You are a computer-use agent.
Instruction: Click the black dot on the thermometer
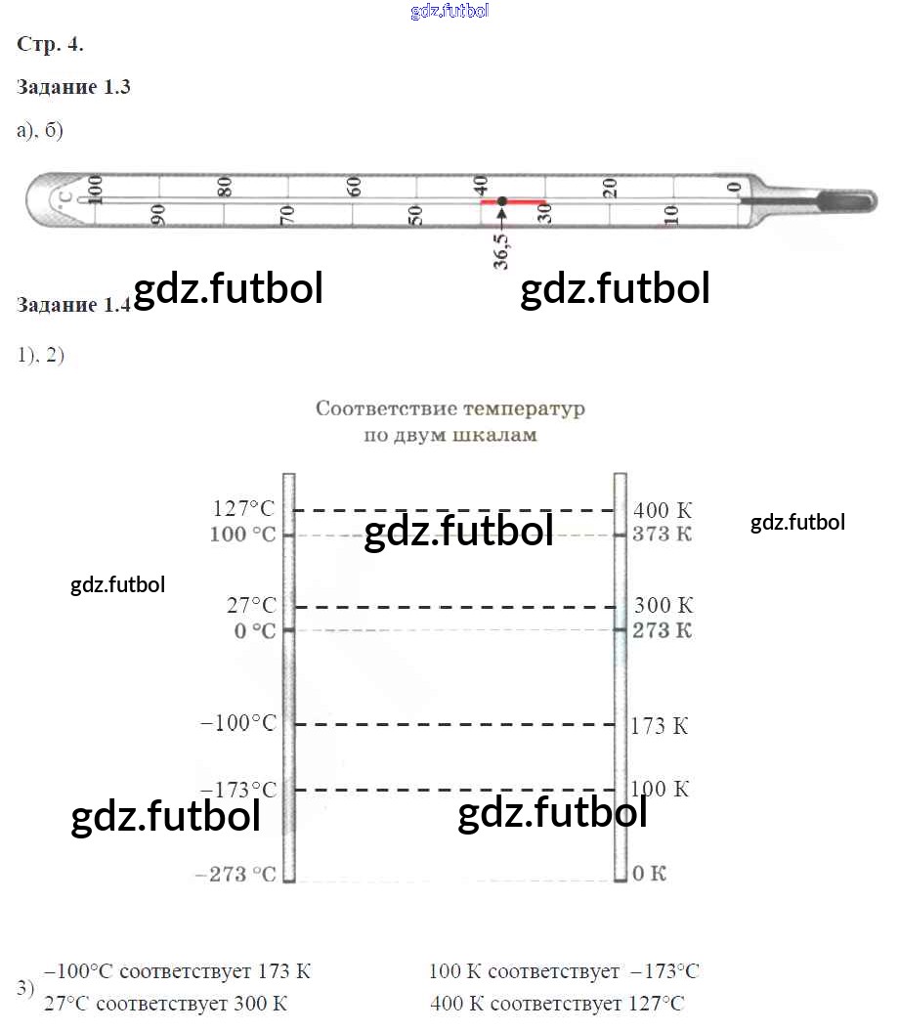point(501,201)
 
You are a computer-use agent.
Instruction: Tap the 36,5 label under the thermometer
point(501,251)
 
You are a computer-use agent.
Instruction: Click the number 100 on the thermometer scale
point(95,190)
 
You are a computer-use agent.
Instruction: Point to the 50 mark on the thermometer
point(415,215)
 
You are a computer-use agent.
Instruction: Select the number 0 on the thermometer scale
point(734,188)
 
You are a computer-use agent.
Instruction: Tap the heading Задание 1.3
point(73,87)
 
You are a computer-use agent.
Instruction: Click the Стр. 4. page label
point(50,44)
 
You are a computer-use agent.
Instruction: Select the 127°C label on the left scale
point(243,508)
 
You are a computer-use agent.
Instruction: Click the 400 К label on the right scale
point(663,510)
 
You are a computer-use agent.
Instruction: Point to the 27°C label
point(251,605)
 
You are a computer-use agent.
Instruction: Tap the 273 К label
point(662,630)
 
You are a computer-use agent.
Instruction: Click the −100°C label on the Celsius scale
point(238,722)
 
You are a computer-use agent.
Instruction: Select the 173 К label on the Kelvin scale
point(660,726)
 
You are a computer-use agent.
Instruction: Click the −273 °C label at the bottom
point(235,875)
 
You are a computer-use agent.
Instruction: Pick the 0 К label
point(650,873)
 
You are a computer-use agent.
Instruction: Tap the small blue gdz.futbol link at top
point(449,11)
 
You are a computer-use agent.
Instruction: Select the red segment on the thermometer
point(513,201)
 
